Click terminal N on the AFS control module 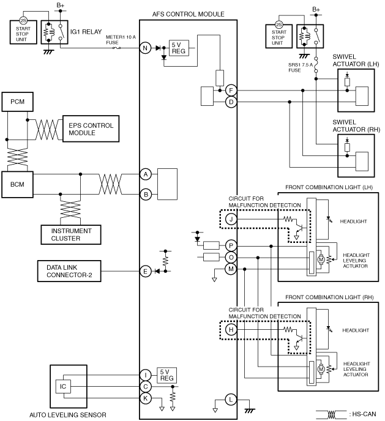click(x=145, y=48)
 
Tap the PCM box click(x=18, y=102)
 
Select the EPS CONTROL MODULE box click(x=91, y=129)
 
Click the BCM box click(x=18, y=184)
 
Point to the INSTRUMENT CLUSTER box click(x=71, y=234)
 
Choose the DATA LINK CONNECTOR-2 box click(x=69, y=271)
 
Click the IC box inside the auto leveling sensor click(x=63, y=386)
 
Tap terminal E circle click(x=145, y=271)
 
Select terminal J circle click(x=231, y=219)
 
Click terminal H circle click(x=231, y=329)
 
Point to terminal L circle click(x=231, y=400)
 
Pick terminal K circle click(x=145, y=398)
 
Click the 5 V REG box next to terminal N click(x=179, y=48)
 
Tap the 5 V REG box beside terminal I click(x=166, y=375)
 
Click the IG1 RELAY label click(x=86, y=32)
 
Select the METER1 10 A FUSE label click(x=121, y=40)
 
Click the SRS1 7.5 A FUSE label click(x=301, y=67)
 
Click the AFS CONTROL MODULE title click(x=188, y=14)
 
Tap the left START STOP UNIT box click(x=23, y=32)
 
